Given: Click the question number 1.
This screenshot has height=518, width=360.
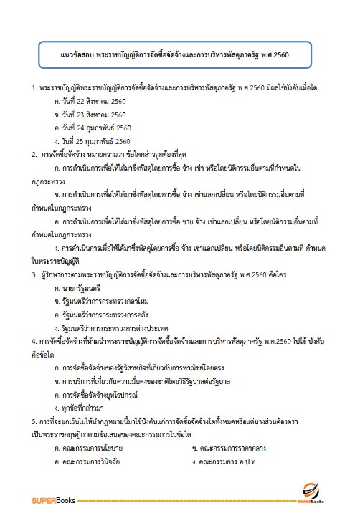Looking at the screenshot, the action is (x=34, y=87).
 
